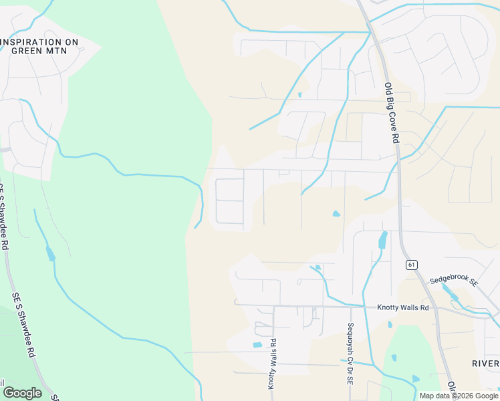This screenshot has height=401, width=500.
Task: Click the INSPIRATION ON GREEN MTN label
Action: click(40, 47)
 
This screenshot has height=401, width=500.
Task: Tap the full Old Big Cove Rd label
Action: click(392, 112)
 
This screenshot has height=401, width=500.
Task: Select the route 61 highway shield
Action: click(411, 265)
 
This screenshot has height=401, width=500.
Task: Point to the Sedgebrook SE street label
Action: click(455, 281)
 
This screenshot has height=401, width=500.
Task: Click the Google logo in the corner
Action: click(22, 393)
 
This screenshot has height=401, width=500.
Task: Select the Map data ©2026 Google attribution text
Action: click(458, 396)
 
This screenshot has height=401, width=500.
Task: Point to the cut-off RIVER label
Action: click(485, 363)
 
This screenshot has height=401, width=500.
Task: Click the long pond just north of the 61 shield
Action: click(383, 239)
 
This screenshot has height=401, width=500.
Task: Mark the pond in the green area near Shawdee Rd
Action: click(50, 253)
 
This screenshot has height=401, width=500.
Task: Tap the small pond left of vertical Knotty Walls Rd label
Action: click(257, 345)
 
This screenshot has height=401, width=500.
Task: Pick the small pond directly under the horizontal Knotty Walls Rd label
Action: click(390, 325)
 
